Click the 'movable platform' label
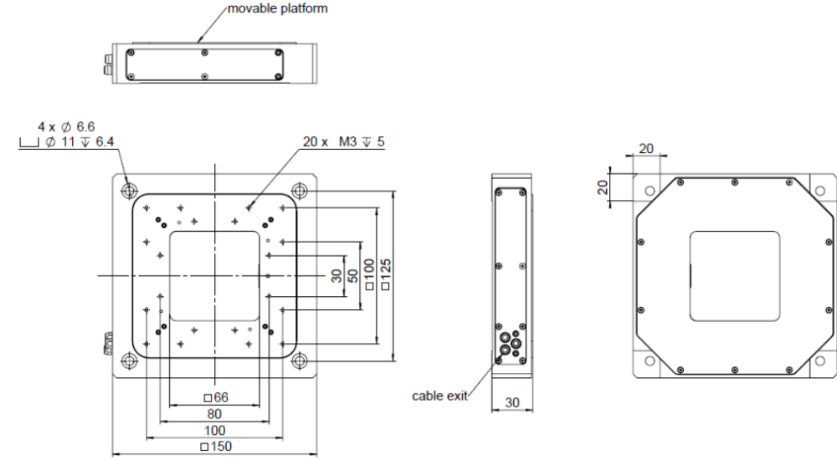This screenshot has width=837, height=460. point(278,8)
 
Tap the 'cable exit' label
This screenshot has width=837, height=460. point(439,396)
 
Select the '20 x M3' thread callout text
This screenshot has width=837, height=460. point(329,142)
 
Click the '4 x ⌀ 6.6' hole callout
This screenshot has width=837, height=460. point(65,127)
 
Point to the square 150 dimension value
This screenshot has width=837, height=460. point(216,446)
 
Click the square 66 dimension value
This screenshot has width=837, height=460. point(216,397)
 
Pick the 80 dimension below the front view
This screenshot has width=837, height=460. point(214,414)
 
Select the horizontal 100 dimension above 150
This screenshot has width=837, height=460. point(214,430)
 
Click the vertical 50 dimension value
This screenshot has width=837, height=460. point(353,276)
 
